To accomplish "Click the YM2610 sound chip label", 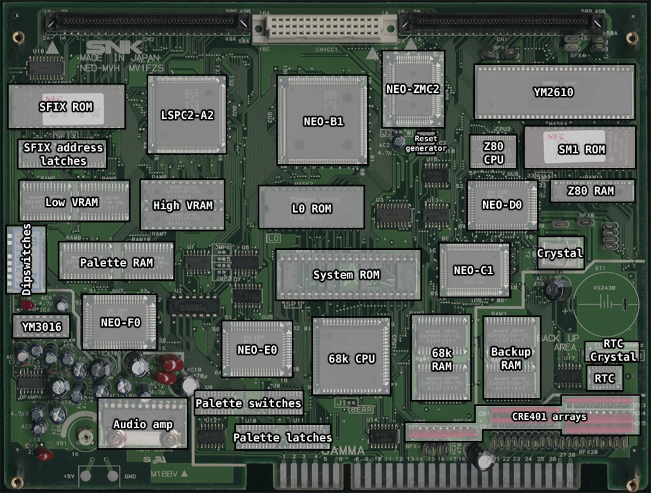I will (553, 92).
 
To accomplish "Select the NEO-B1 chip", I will (323, 121).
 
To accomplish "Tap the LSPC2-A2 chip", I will (187, 115).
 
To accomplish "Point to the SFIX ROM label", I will (65, 107).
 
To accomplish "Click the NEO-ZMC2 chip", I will (413, 88).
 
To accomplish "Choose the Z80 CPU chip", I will (493, 152).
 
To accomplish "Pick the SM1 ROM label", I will (581, 150).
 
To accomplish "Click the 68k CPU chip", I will (352, 358).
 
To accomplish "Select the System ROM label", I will (346, 275).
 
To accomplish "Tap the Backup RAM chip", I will (511, 358).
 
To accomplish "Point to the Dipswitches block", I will (26, 259).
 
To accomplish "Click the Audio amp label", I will (142, 424).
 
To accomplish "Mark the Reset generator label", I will (430, 143).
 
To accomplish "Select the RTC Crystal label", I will (612, 351).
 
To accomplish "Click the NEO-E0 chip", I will (257, 349).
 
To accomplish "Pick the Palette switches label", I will (248, 403).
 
